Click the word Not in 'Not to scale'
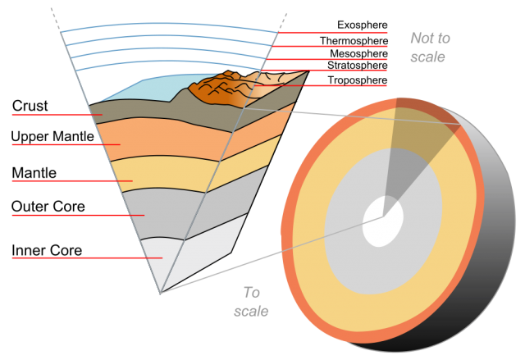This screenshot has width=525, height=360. tap(421, 39)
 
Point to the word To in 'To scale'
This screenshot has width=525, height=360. tap(251, 293)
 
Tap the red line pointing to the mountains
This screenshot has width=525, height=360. tap(328, 84)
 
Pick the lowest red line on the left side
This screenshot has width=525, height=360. tap(82, 257)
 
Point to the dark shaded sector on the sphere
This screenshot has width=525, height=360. tap(410, 148)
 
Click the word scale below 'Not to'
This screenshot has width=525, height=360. tap(427, 57)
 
